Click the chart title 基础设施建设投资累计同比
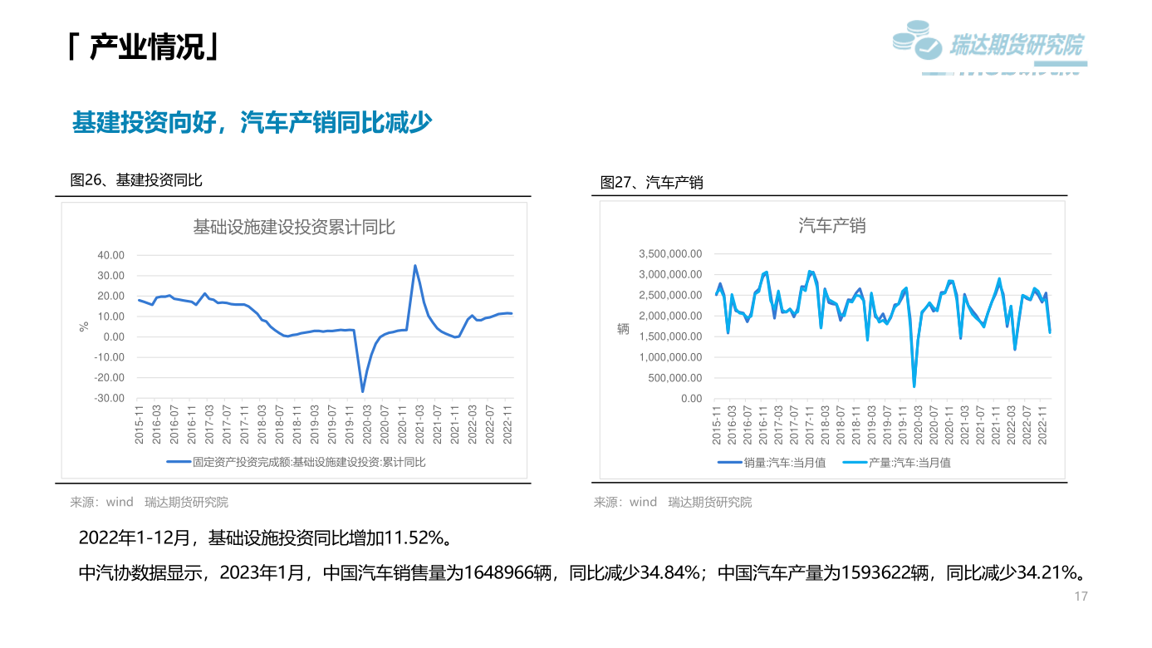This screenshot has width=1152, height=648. (x=294, y=226)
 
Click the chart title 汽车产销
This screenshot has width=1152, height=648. (x=831, y=225)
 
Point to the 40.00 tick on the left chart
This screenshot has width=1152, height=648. (x=110, y=255)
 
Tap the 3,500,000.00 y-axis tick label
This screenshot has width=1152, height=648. (x=669, y=254)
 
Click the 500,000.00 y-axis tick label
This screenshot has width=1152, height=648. (x=674, y=378)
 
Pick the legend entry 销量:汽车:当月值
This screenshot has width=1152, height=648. (x=772, y=463)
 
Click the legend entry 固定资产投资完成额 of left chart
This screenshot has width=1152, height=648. (x=297, y=462)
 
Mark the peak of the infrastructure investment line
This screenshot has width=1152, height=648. (x=415, y=266)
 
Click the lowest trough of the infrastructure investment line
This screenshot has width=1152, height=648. (x=362, y=390)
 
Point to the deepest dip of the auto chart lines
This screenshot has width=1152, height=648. (x=914, y=385)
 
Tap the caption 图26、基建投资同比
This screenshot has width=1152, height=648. (x=136, y=180)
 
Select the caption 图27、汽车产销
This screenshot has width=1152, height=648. (x=651, y=182)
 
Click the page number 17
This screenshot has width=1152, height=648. (x=1081, y=596)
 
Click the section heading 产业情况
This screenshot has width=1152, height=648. (x=146, y=47)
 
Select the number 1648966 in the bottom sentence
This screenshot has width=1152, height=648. (x=509, y=573)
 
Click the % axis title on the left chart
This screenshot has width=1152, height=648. (x=83, y=326)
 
